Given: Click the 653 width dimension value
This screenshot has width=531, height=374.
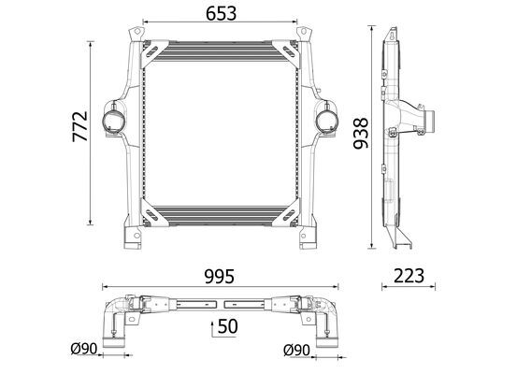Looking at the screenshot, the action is click(222, 13).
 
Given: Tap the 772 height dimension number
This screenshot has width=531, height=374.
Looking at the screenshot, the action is click(80, 126).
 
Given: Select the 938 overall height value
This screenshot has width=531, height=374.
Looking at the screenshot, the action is click(361, 133).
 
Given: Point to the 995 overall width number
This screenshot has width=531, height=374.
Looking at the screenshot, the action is click(220, 277).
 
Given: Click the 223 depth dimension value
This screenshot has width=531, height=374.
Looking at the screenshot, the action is click(409, 276).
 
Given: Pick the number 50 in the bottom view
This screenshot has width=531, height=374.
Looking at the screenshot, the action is click(228, 326).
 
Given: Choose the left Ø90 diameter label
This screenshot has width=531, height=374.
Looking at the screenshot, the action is click(84, 349).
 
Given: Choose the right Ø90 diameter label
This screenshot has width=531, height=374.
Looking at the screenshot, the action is click(296, 351).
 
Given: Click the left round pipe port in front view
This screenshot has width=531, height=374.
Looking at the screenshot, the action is click(113, 121).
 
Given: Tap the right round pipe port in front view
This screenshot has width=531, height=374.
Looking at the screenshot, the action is click(327, 121).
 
